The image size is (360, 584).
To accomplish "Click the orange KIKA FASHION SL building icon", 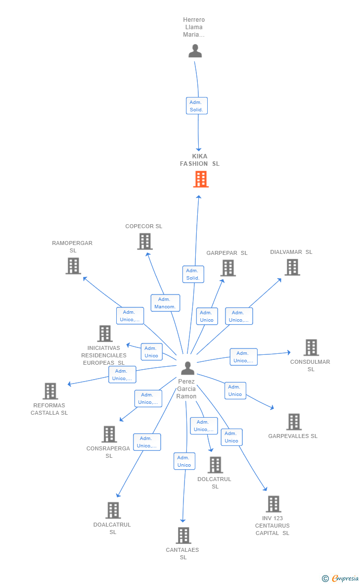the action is pos(201,179).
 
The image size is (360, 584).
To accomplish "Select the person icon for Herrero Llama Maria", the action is pos(195,51).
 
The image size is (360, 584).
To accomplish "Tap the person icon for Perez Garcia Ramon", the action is pos(187,368).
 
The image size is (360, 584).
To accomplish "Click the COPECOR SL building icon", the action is pos(144,242).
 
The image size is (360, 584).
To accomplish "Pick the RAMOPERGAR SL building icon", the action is pos(73,266).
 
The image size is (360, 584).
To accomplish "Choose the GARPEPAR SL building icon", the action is pos(228,268).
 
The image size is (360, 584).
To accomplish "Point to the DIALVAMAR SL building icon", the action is pos(292,267).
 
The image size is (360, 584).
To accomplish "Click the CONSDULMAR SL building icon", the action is pos(311,347).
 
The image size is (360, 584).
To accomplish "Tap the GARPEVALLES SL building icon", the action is pos(294,422).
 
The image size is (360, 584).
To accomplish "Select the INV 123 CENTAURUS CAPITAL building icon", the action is pos(273,504).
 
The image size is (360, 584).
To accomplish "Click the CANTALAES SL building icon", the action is pos(183,535).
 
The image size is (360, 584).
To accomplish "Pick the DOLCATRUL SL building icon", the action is pos(215,465).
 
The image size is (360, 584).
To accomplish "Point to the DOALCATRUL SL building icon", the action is pos(113,510).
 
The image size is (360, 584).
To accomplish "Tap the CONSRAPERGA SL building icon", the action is pos(109,434).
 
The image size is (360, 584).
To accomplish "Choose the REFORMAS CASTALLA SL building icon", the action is pos(50,391).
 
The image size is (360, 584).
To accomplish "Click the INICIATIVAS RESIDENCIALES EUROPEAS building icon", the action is pos(105,334).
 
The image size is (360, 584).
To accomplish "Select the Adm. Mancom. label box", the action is pos(165,303).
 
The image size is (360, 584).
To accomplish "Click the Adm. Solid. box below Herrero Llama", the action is pos(197,105).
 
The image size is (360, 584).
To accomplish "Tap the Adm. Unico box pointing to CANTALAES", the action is pos(184,461).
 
